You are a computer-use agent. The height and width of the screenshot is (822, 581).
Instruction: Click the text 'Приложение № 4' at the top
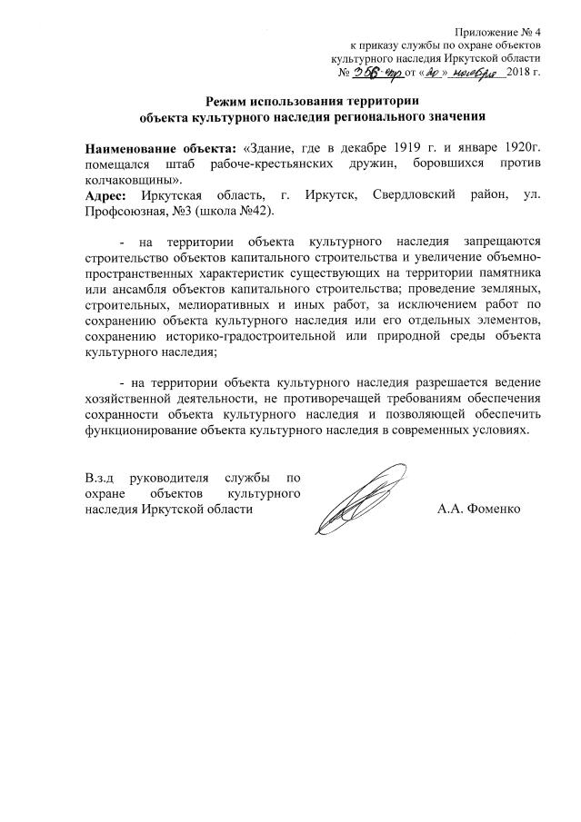497,31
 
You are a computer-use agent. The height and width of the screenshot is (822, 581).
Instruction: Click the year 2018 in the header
522,73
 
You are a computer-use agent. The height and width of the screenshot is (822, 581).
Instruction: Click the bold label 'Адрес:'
109,197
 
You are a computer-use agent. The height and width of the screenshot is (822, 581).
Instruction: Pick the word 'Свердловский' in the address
415,197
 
